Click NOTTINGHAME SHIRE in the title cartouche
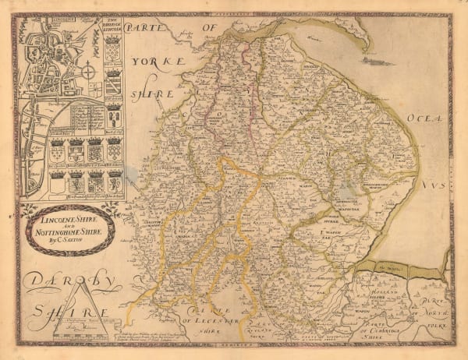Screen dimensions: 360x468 [66, 231]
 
